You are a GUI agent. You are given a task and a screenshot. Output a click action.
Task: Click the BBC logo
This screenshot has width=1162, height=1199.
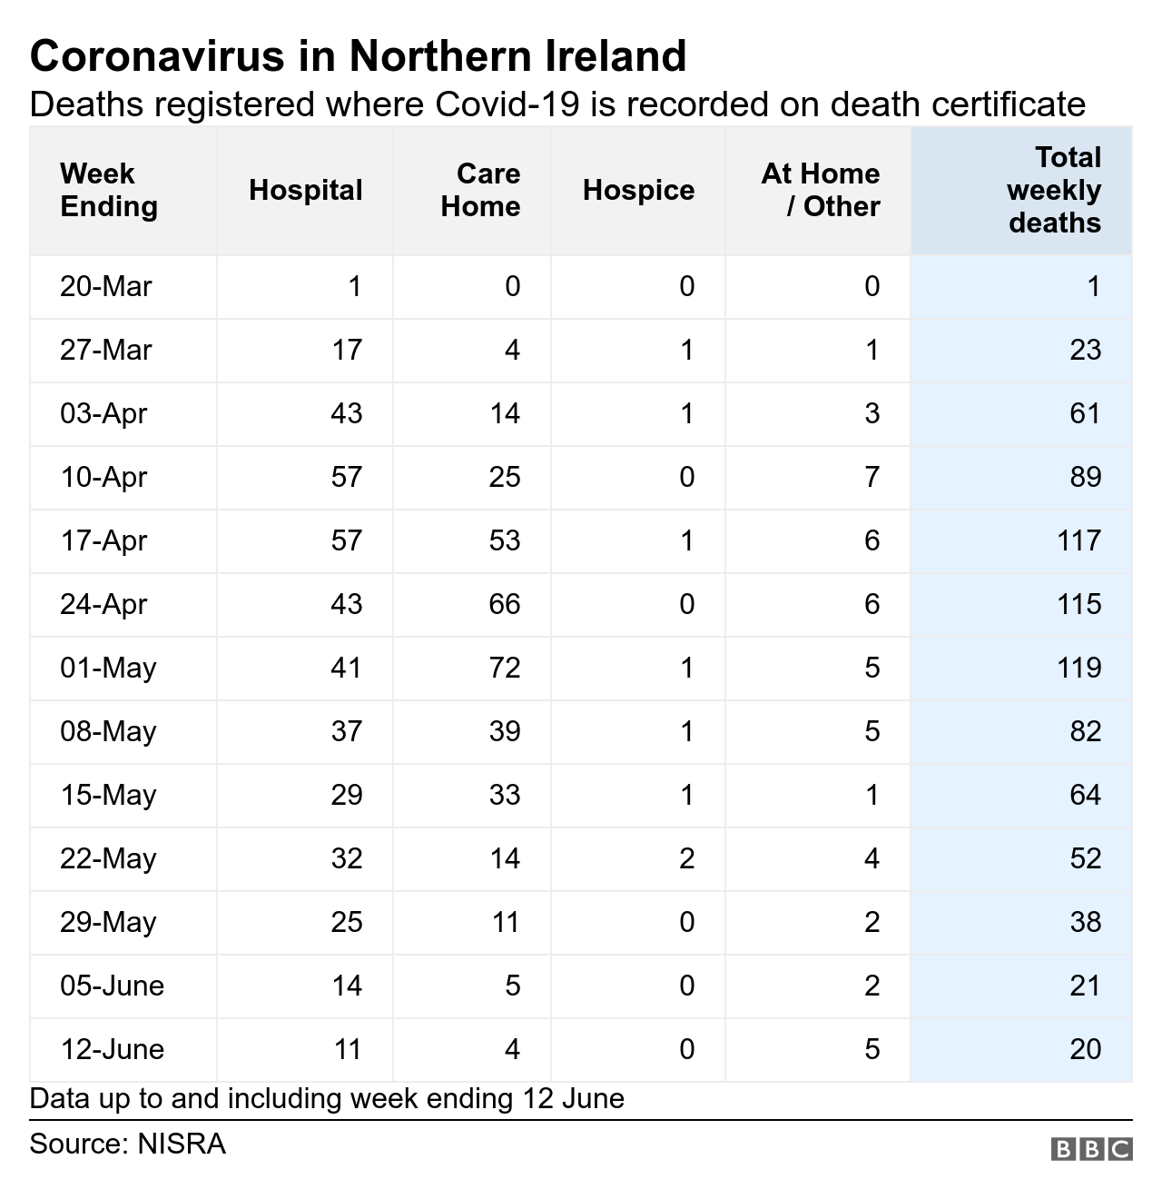[x=1091, y=1149]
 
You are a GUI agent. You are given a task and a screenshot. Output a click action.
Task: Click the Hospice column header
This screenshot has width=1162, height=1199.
[x=638, y=190]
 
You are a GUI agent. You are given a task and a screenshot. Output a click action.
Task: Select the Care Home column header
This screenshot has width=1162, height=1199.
[x=480, y=190]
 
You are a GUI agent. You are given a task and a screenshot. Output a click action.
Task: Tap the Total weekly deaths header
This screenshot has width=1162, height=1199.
[x=1054, y=190]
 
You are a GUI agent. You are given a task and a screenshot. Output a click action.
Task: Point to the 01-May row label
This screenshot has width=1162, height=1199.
[x=108, y=668]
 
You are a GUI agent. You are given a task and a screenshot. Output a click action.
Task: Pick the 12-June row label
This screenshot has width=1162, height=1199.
[x=113, y=1049]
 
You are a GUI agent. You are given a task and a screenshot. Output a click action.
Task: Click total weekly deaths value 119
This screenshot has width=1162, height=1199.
[x=1078, y=668]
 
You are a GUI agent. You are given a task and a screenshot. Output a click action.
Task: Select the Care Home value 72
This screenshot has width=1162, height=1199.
[x=505, y=668]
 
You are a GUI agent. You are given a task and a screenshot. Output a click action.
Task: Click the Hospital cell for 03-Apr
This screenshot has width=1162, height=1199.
[x=346, y=413]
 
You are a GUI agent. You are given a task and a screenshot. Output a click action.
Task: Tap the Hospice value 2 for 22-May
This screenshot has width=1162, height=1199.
[x=686, y=858]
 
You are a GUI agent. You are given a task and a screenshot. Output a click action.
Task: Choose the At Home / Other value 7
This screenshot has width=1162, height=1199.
[x=871, y=477]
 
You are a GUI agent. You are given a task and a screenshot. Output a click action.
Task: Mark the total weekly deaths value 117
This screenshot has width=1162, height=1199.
[x=1078, y=540]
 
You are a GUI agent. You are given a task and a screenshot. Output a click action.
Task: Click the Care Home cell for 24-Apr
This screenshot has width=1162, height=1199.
[x=505, y=604]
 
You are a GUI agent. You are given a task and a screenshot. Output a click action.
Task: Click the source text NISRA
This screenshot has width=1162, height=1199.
[x=181, y=1143]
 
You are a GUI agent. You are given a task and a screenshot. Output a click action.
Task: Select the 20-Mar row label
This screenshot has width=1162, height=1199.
[x=105, y=286]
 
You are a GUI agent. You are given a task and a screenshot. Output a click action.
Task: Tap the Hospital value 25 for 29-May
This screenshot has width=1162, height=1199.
[x=346, y=922]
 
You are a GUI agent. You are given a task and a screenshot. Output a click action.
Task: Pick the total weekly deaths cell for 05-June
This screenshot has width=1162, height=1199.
[x=1085, y=986]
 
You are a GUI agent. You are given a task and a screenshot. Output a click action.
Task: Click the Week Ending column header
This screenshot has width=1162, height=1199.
[x=108, y=190]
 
